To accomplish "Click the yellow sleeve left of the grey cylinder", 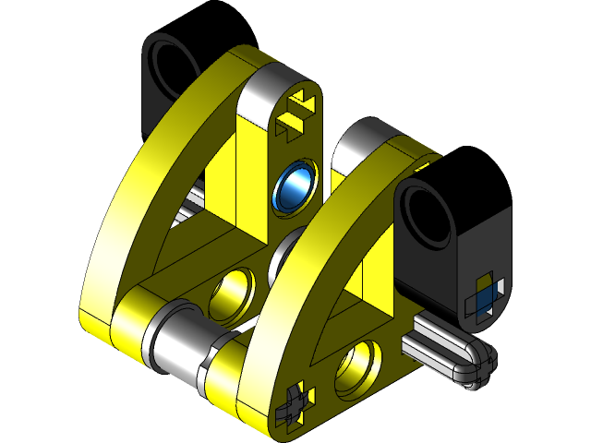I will coord(127,323).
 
